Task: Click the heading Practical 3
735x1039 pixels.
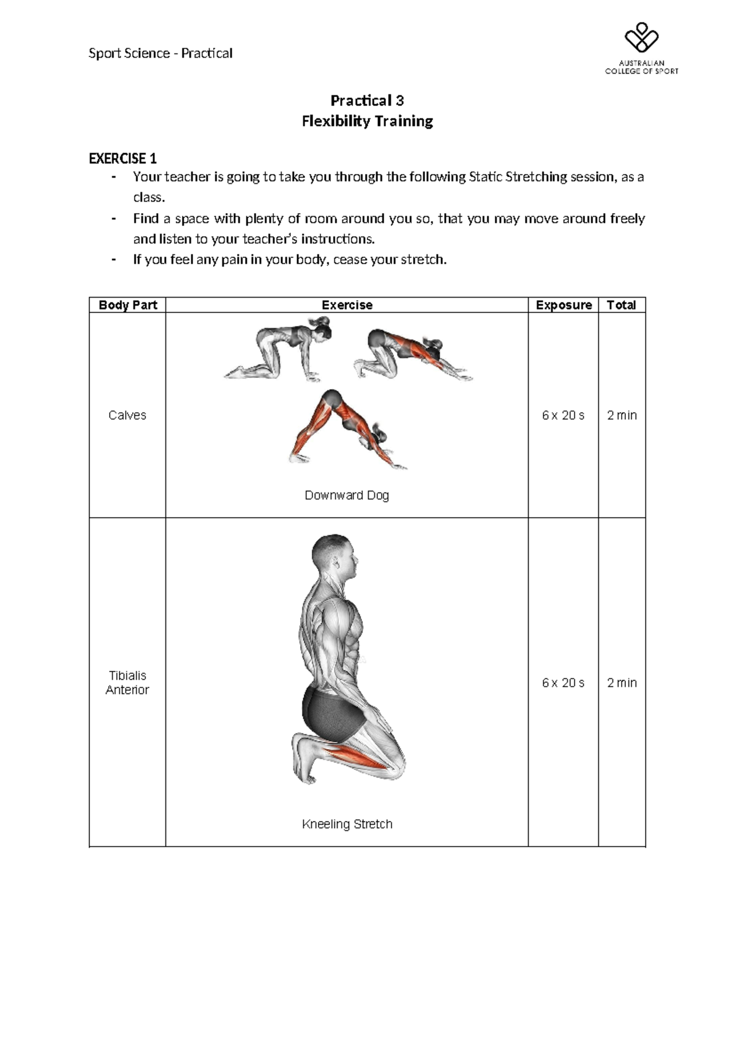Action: pyautogui.click(x=367, y=100)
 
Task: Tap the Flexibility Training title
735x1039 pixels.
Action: pyautogui.click(x=367, y=121)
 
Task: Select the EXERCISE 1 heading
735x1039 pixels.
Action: pyautogui.click(x=123, y=159)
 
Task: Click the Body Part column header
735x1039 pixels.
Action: pyautogui.click(x=127, y=305)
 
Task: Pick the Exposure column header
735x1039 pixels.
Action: pyautogui.click(x=563, y=305)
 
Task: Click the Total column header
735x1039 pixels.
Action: pyautogui.click(x=621, y=305)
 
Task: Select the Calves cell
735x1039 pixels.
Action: pyautogui.click(x=127, y=415)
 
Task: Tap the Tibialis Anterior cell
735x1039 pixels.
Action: pyautogui.click(x=127, y=682)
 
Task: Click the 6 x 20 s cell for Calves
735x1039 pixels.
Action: pyautogui.click(x=563, y=415)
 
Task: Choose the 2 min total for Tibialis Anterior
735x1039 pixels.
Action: pyautogui.click(x=621, y=682)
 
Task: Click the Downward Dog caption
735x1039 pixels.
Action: pyautogui.click(x=347, y=495)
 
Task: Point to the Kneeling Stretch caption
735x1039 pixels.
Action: pyautogui.click(x=347, y=824)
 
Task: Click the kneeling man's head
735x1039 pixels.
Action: pyautogui.click(x=334, y=557)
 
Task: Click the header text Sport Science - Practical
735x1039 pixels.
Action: pyautogui.click(x=160, y=53)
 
